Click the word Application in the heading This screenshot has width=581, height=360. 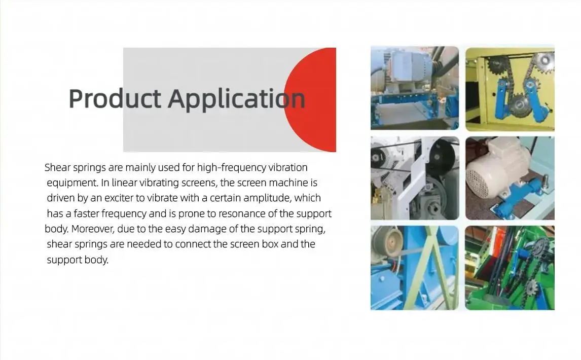(x=237, y=99)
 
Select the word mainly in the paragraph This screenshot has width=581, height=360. (x=140, y=168)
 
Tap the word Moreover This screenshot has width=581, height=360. (x=93, y=229)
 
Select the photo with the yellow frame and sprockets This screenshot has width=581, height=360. (x=510, y=89)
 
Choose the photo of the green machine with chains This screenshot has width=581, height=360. (x=510, y=268)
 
